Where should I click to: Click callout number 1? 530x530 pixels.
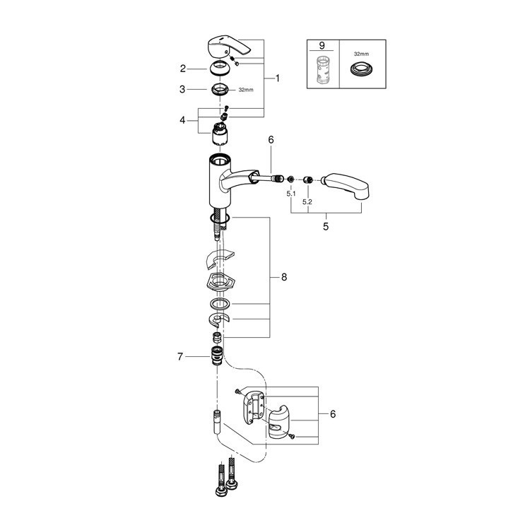[277, 78]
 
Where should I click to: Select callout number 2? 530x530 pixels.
[182, 69]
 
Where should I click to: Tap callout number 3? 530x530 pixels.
[182, 90]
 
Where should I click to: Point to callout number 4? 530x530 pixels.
[182, 120]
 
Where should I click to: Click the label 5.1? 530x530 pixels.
[290, 192]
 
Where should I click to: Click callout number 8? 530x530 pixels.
[284, 278]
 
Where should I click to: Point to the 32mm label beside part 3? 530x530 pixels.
[245, 90]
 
